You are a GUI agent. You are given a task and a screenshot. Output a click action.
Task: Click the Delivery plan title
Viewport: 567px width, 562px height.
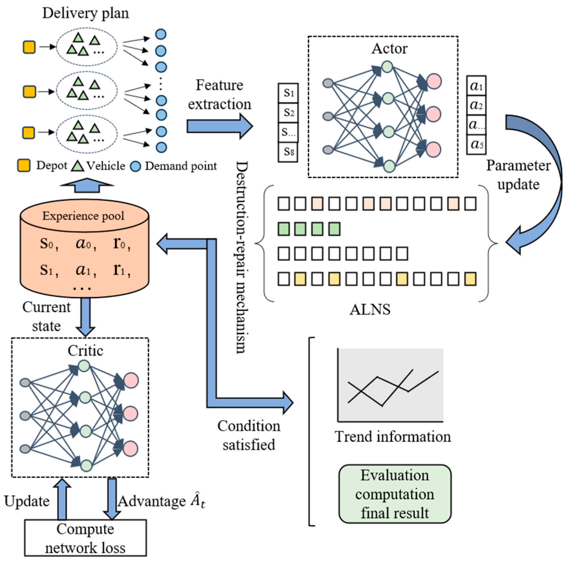tap(86, 14)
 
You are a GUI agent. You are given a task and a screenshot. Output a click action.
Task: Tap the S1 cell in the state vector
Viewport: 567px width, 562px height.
tap(288, 93)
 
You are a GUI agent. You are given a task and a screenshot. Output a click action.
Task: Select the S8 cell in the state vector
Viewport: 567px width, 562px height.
tap(288, 152)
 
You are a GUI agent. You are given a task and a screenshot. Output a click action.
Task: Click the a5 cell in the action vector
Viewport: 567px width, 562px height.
tap(476, 144)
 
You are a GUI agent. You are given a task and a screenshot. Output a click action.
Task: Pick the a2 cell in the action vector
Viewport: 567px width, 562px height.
tap(476, 105)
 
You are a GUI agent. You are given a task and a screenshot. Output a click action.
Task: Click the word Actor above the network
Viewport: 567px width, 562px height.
tap(390, 48)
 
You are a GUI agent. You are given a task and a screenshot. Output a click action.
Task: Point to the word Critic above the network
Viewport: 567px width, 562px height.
tap(85, 351)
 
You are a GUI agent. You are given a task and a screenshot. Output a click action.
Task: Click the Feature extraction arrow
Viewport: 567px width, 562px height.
tap(220, 126)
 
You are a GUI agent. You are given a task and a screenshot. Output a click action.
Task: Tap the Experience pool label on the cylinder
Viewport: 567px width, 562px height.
tap(83, 216)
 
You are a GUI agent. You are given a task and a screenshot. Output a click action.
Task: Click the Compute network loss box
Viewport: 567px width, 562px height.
tap(86, 538)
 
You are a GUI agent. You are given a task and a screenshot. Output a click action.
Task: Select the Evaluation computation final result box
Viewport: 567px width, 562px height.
tap(395, 494)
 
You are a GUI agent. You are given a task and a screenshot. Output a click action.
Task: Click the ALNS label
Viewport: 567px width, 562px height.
tap(370, 309)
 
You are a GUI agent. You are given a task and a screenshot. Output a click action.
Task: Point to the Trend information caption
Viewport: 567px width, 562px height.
tap(393, 436)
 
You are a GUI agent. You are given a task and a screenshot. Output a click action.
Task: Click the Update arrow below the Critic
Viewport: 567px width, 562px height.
tap(62, 499)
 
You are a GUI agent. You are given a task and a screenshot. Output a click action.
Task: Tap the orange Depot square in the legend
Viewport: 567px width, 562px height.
tap(24, 166)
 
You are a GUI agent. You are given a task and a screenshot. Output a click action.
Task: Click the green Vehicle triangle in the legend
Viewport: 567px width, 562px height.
tap(77, 166)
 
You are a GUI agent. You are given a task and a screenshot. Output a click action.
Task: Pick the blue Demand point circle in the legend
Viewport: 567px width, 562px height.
tap(135, 166)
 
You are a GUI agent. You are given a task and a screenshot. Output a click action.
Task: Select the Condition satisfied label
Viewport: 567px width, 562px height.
tap(249, 435)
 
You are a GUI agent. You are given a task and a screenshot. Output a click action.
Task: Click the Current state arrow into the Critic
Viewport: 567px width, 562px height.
tap(86, 317)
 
